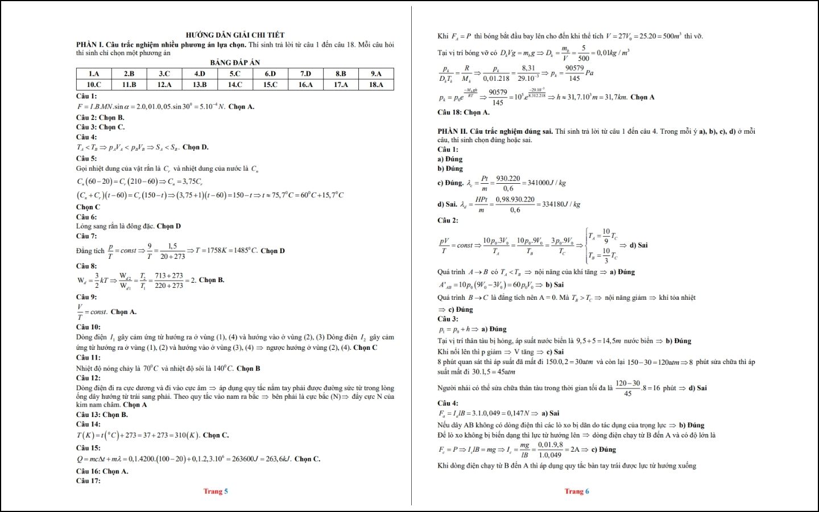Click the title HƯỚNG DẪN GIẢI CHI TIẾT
click(x=235, y=35)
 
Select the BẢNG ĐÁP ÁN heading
click(x=235, y=63)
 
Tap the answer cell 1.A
click(x=94, y=73)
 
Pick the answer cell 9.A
click(x=376, y=73)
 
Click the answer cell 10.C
click(x=94, y=85)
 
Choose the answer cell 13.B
click(x=200, y=85)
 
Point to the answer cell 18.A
click(x=376, y=85)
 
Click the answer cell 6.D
click(x=270, y=73)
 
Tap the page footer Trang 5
click(x=216, y=492)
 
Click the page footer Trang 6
click(x=577, y=492)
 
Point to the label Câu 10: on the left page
click(x=88, y=327)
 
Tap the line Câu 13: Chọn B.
click(x=102, y=415)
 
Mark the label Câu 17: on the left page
click(x=88, y=481)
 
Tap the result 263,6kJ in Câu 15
click(x=278, y=459)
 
